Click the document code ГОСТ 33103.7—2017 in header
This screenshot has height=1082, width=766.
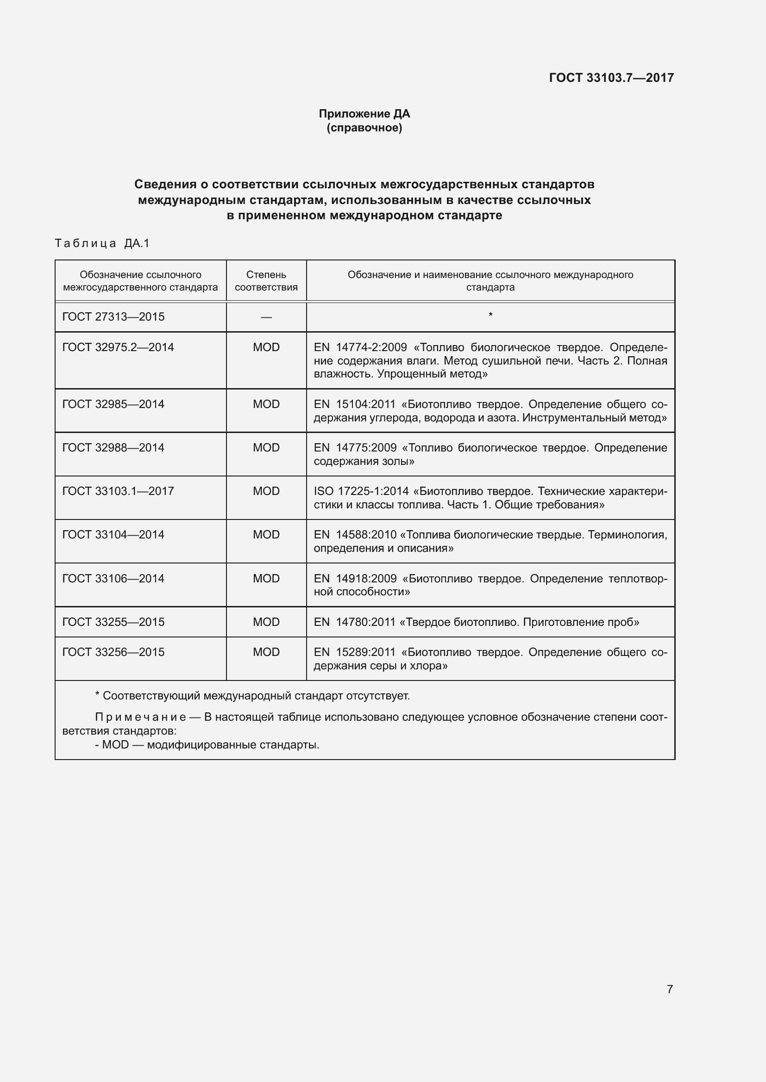point(611,78)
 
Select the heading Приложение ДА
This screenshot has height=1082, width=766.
point(364,114)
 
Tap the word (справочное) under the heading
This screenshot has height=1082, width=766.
point(364,128)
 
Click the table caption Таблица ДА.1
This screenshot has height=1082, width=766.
point(102,243)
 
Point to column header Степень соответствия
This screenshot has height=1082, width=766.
point(266,281)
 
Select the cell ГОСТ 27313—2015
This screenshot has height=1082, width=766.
point(113,317)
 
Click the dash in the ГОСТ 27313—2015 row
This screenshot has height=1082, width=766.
point(266,317)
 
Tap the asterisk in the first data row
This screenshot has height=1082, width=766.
point(490,314)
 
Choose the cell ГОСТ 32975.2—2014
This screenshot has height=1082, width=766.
point(118,347)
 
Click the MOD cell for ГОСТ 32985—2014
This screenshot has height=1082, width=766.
point(266,404)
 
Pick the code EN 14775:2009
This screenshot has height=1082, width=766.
point(355,448)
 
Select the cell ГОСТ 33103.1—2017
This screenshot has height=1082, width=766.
point(118,491)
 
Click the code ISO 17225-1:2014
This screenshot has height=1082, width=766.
point(361,491)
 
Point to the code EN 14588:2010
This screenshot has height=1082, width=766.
point(355,534)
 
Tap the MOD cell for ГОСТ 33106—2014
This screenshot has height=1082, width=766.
point(266,578)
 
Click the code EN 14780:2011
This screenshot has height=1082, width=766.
point(354,622)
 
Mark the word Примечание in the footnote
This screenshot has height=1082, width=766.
point(140,717)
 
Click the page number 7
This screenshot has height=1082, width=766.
point(669,989)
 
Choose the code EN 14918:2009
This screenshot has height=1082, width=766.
point(355,578)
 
